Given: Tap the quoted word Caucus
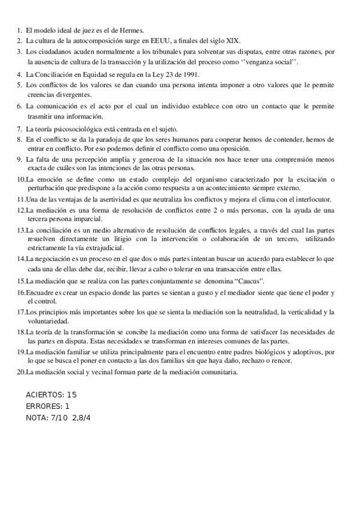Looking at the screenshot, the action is pos(246,281).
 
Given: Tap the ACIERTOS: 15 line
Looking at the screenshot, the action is pos(52,395).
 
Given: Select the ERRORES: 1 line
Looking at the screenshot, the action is pos(48,406).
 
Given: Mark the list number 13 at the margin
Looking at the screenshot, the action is pos(20,230).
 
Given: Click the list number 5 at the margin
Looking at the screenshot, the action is pos(19,85).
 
